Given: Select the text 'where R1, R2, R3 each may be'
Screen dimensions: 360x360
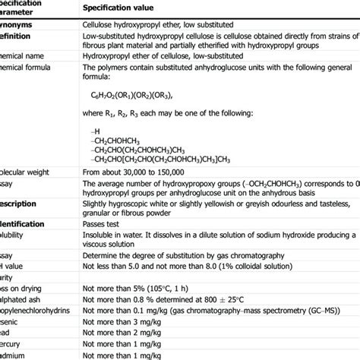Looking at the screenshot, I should click(x=139, y=112).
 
